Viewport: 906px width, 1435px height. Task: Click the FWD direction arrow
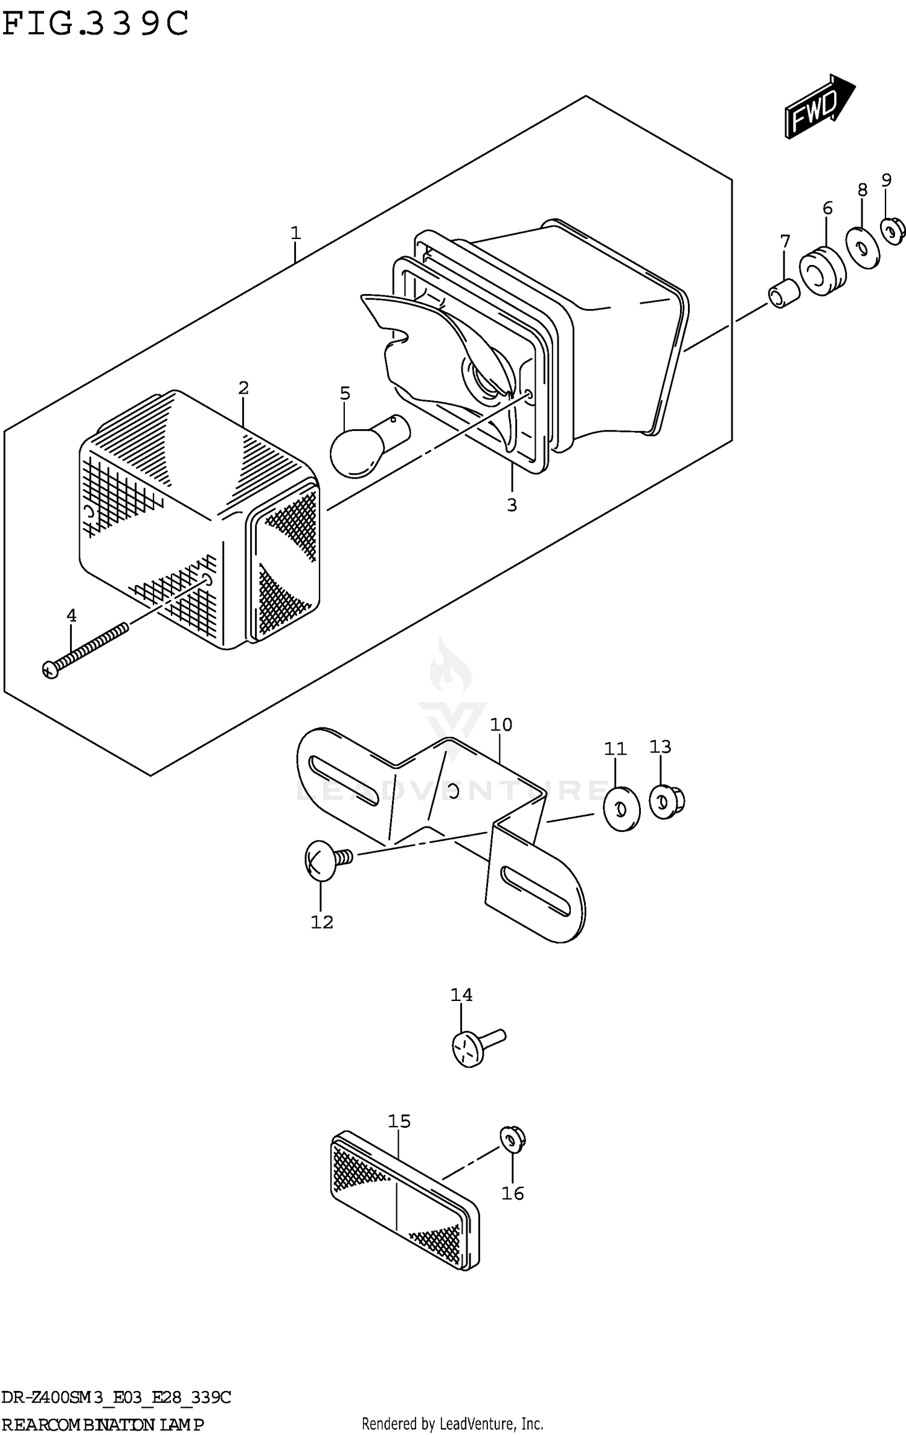click(x=818, y=107)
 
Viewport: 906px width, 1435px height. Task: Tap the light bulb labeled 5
click(x=366, y=446)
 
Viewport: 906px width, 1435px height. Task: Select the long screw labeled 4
click(x=85, y=650)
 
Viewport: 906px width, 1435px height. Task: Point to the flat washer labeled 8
click(x=863, y=247)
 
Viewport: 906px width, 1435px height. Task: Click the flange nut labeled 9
click(x=892, y=231)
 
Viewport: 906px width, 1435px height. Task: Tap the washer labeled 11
click(x=622, y=808)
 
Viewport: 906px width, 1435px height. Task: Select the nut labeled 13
click(x=666, y=801)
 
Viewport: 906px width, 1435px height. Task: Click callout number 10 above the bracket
click(x=501, y=724)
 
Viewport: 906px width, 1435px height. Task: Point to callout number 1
click(x=295, y=232)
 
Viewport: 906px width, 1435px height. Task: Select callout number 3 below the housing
click(x=512, y=505)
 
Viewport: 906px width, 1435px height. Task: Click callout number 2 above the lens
click(x=243, y=388)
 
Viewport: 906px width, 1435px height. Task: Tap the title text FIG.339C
click(x=95, y=24)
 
